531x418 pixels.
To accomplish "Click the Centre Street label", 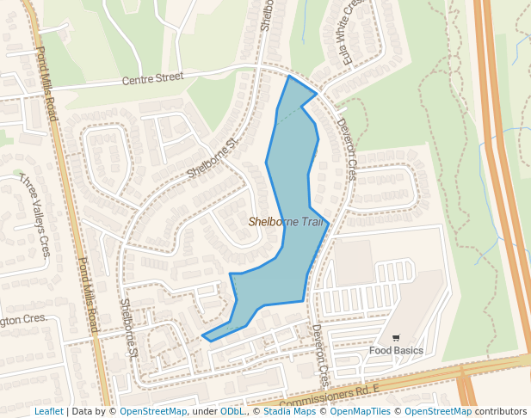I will [x=152, y=77].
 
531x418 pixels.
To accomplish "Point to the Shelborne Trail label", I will [x=287, y=222].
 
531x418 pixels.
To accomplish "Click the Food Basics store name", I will [x=396, y=350].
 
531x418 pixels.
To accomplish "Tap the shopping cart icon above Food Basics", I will [x=396, y=338].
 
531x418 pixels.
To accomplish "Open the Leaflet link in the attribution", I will [x=48, y=412].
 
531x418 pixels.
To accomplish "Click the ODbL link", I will [x=232, y=412].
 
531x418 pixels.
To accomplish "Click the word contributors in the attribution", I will [x=501, y=412].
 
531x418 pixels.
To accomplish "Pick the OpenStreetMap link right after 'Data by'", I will [x=153, y=412].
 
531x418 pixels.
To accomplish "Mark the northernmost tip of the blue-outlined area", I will [x=289, y=77].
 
